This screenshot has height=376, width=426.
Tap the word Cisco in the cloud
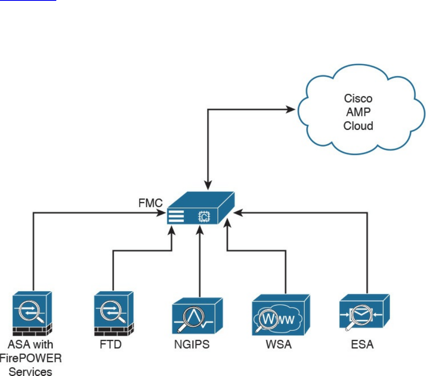358,99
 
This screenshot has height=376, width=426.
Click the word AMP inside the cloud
358,112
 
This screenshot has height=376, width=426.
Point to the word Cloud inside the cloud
358,126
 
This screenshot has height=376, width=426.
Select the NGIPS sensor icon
197,315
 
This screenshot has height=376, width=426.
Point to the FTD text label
111,345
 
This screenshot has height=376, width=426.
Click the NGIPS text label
191,345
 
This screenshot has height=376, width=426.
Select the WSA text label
278,345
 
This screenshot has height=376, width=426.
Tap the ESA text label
362,345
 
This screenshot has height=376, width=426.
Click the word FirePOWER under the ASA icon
31,358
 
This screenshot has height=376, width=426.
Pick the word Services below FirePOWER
31,371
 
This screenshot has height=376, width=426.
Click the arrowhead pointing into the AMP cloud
291,109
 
